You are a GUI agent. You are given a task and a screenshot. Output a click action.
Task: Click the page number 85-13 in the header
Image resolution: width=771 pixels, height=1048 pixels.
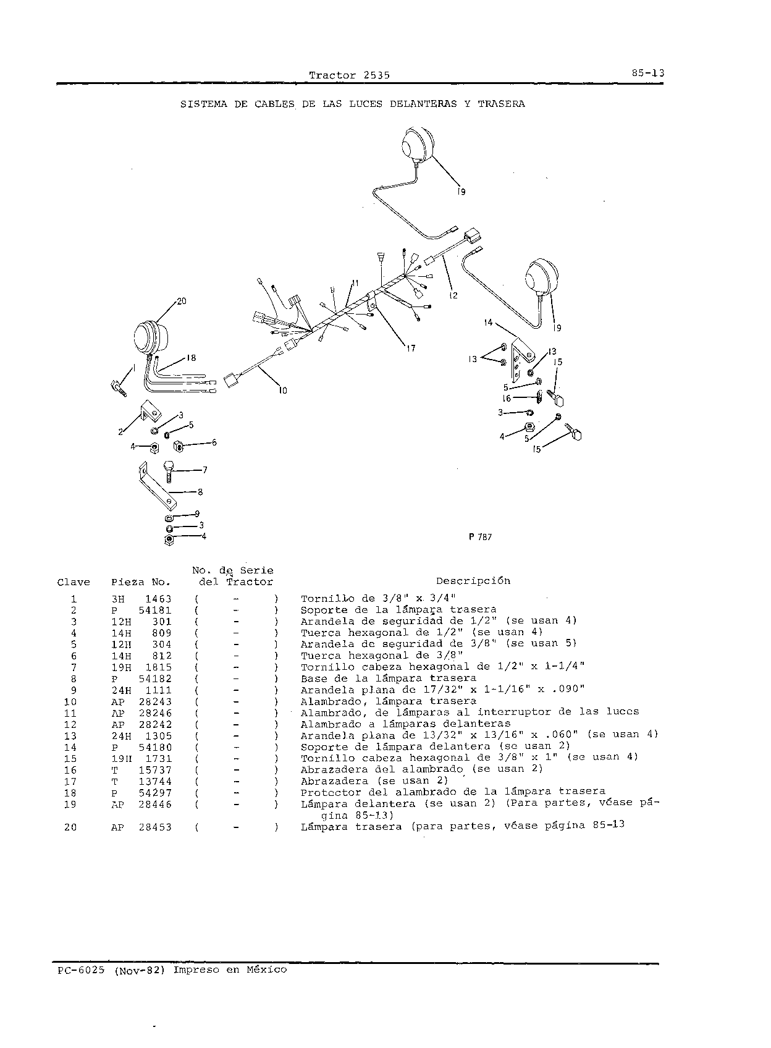pyautogui.click(x=647, y=73)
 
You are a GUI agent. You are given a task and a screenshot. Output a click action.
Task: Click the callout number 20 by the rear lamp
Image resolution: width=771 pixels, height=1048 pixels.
pyautogui.click(x=182, y=302)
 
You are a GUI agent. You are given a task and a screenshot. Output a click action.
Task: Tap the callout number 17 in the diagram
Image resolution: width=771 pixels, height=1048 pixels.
pyautogui.click(x=411, y=349)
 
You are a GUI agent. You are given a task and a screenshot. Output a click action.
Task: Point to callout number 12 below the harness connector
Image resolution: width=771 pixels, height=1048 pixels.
pyautogui.click(x=453, y=296)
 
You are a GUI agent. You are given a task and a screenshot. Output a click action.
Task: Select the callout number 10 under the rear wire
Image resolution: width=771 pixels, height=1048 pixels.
pyautogui.click(x=282, y=390)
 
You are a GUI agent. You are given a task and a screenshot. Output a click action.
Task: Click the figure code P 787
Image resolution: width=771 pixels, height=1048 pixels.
pyautogui.click(x=480, y=537)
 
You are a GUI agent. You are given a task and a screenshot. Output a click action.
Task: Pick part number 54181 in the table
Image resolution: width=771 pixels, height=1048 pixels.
pyautogui.click(x=155, y=611)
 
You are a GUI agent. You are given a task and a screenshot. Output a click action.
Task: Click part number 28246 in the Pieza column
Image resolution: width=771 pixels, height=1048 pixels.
pyautogui.click(x=155, y=714)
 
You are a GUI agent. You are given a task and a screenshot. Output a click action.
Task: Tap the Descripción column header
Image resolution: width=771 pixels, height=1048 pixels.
pyautogui.click(x=473, y=581)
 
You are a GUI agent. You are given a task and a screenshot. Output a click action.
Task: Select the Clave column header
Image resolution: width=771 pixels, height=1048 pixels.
pyautogui.click(x=74, y=583)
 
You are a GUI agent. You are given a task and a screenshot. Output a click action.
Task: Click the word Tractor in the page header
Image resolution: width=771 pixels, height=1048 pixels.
pyautogui.click(x=332, y=75)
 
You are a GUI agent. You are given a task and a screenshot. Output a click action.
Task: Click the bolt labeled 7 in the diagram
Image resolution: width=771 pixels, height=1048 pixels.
pyautogui.click(x=169, y=471)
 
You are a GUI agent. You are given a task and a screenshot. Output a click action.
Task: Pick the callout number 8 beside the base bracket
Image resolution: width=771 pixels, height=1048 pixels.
pyautogui.click(x=200, y=492)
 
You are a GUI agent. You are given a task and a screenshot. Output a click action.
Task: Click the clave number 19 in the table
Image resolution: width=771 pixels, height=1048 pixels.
pyautogui.click(x=70, y=805)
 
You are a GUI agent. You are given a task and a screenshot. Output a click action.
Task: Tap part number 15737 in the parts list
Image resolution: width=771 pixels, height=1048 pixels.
pyautogui.click(x=155, y=771)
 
